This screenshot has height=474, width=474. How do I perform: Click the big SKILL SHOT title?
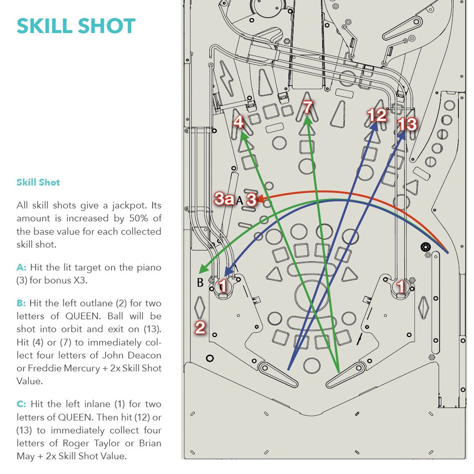pyautogui.click(x=76, y=27)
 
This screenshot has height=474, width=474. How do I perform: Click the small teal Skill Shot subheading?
pyautogui.click(x=38, y=182)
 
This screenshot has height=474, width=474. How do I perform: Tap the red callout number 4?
pyautogui.click(x=238, y=122)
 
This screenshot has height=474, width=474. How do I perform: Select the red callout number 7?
pyautogui.click(x=307, y=107)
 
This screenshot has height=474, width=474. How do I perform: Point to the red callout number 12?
pyautogui.click(x=377, y=115)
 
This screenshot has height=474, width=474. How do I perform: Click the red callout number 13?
pyautogui.click(x=407, y=125)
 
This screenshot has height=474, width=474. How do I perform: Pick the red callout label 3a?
pyautogui.click(x=224, y=199)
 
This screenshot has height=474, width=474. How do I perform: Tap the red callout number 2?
pyautogui.click(x=200, y=327)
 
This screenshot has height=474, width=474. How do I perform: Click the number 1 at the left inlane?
pyautogui.click(x=223, y=287)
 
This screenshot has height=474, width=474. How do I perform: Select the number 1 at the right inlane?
pyautogui.click(x=401, y=287)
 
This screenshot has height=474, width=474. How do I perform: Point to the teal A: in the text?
pyautogui.click(x=22, y=267)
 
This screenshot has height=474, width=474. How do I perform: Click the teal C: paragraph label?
pyautogui.click(x=22, y=404)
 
